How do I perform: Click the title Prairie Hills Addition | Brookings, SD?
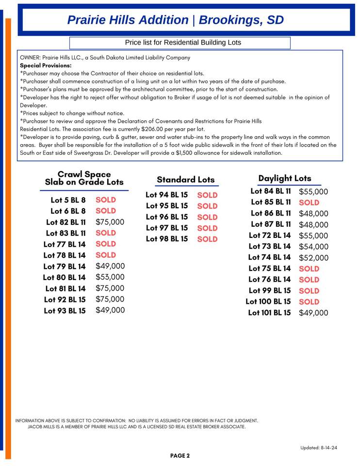[x=175, y=20]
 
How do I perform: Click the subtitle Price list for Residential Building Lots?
[x=183, y=43]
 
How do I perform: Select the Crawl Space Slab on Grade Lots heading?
[x=84, y=178]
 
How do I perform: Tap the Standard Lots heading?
[x=185, y=180]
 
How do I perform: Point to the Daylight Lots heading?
[x=285, y=178]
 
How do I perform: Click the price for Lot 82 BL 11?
[x=110, y=222]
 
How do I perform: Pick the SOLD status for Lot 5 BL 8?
[x=106, y=200]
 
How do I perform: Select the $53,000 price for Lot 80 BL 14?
[x=110, y=277]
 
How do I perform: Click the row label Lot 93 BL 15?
[x=65, y=311]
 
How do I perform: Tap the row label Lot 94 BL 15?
[x=166, y=195]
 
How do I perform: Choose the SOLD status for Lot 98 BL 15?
[x=207, y=239]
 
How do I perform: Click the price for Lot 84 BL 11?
[x=313, y=192]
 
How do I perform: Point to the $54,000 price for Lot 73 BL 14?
[x=313, y=247]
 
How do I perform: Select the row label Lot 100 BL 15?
[x=268, y=301]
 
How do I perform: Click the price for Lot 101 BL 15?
[x=313, y=313]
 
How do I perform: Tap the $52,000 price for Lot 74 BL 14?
[x=313, y=258]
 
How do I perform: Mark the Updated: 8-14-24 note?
[x=319, y=448]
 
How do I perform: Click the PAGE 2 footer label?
[x=180, y=456]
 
